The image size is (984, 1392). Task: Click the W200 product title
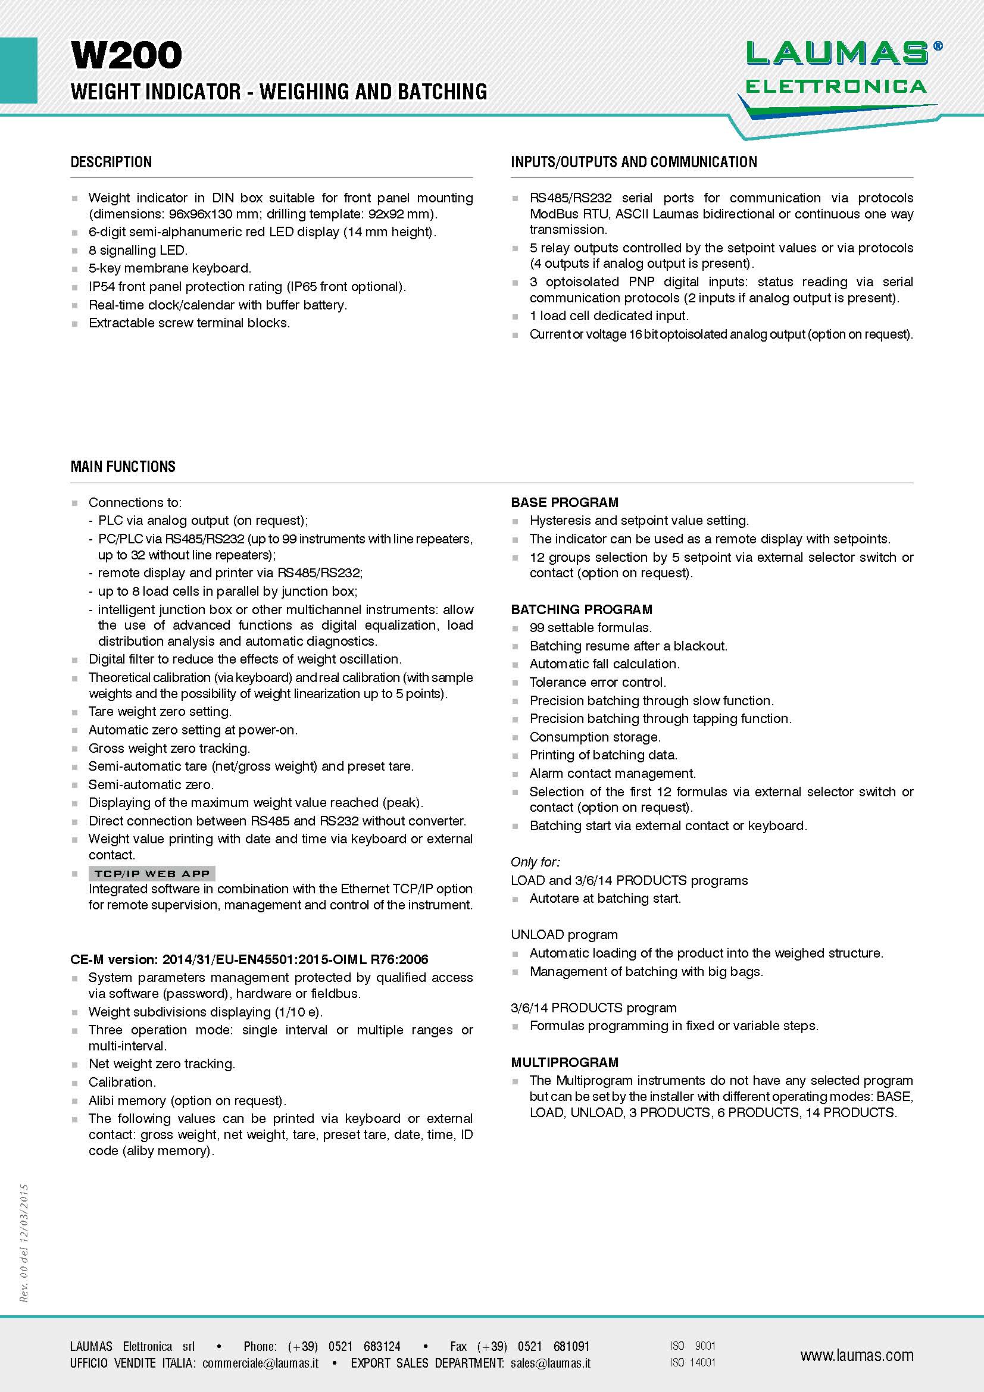(126, 55)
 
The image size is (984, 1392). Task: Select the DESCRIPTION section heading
(111, 162)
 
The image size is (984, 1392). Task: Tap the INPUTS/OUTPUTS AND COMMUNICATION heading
(633, 162)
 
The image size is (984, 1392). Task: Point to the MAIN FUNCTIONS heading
(123, 466)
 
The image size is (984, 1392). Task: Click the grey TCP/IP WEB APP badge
(152, 874)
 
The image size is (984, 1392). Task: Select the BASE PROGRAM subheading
(564, 502)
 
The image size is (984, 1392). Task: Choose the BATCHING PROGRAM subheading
(582, 609)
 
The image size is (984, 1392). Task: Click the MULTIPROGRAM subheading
(564, 1062)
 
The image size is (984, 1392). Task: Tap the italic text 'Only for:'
(535, 862)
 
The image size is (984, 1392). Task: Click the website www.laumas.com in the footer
(856, 1356)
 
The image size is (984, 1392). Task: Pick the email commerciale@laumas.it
(260, 1363)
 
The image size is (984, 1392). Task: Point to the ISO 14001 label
(692, 1363)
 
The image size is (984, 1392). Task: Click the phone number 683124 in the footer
(382, 1347)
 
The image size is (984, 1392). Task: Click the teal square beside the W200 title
(18, 70)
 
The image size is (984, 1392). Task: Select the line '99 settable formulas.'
(591, 627)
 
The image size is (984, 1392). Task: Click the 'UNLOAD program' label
(564, 934)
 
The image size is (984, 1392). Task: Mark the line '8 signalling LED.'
(138, 250)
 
